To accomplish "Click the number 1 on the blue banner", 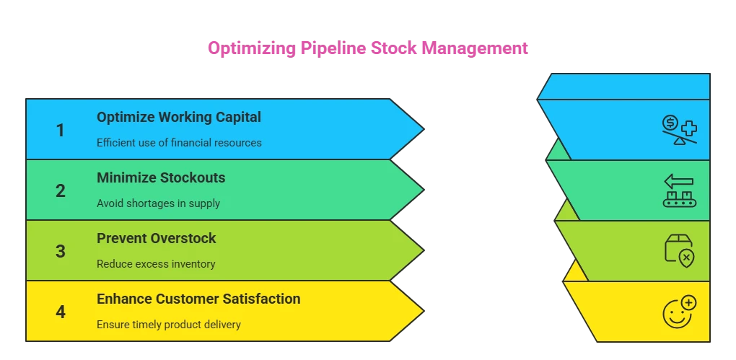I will tap(61, 131).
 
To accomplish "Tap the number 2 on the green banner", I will tap(61, 191).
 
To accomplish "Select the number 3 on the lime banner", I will tap(61, 252).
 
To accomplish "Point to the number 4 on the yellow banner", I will tap(61, 312).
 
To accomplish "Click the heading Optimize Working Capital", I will tap(179, 117).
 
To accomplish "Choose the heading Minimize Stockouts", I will tap(161, 177).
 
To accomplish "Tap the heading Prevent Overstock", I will tap(157, 238).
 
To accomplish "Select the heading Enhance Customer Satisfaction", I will tap(198, 299).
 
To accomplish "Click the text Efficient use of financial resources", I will tap(179, 143).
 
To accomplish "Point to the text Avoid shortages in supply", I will tap(158, 203).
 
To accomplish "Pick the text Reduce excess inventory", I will tap(156, 264).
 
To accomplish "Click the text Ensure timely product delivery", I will tap(169, 325).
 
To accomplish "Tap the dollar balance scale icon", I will tap(679, 130).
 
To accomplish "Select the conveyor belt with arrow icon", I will tap(679, 191).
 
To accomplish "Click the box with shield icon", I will tap(679, 251).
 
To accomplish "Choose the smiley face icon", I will tap(679, 311).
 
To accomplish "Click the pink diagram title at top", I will tap(368, 49).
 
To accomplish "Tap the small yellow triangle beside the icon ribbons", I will tap(575, 273).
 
